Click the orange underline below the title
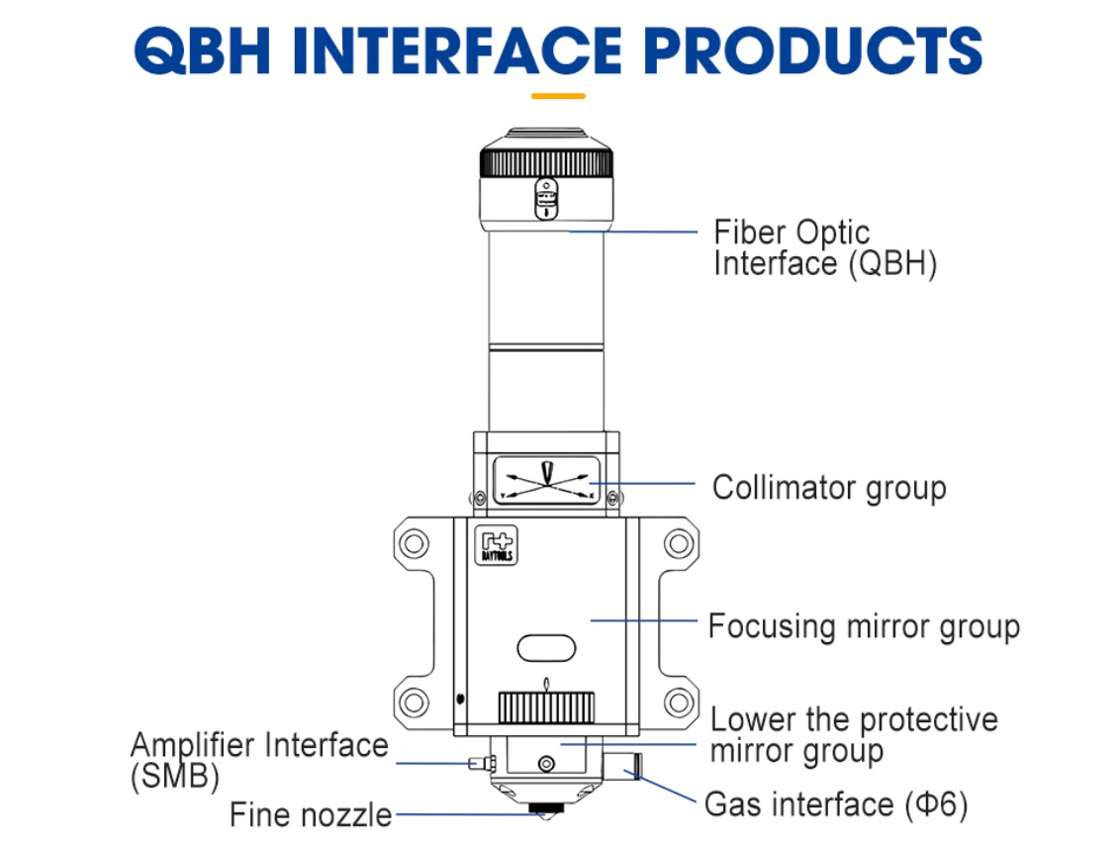[x=558, y=96]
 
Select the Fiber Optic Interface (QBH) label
[x=824, y=248]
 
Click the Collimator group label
[x=829, y=488]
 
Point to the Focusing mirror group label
[x=863, y=626]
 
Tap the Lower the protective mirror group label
[x=854, y=734]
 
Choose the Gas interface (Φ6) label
[x=835, y=803]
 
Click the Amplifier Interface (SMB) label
[x=259, y=759]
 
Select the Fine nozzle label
[x=311, y=814]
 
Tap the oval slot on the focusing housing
[x=546, y=648]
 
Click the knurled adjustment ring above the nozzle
[x=546, y=707]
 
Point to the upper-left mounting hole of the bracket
[x=415, y=542]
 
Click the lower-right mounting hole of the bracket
[x=678, y=703]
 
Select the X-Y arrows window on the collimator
[x=546, y=480]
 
